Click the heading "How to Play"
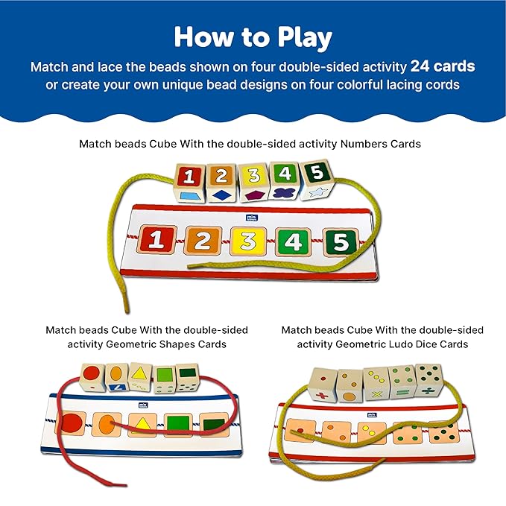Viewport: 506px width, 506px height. click(253, 37)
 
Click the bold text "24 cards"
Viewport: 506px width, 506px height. click(442, 66)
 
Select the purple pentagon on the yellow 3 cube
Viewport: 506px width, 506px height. click(254, 196)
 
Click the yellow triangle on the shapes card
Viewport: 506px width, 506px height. click(142, 426)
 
